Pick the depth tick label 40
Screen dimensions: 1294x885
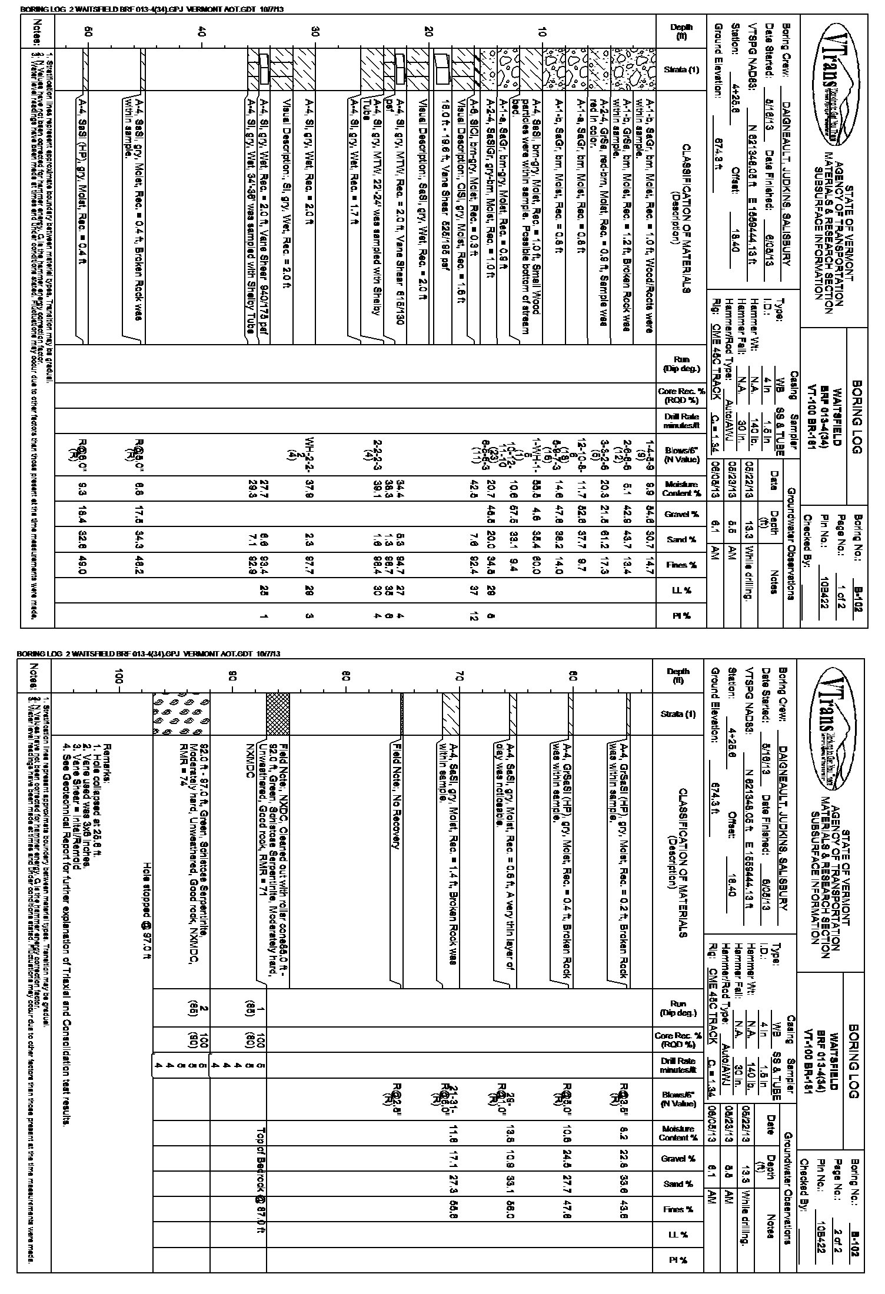point(201,34)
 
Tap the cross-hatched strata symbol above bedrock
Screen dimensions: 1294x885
point(278,713)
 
